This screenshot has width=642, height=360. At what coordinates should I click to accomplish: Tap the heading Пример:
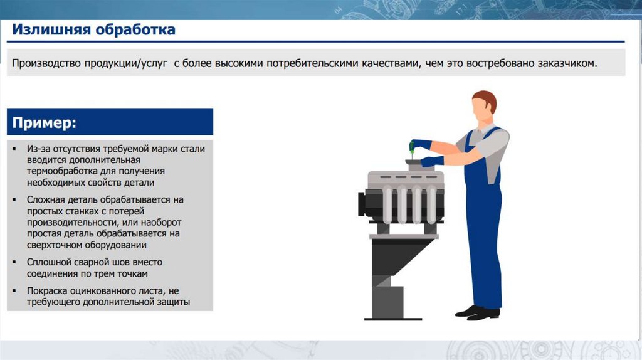[45, 122]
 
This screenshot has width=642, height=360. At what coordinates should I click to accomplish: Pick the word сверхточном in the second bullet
[55, 245]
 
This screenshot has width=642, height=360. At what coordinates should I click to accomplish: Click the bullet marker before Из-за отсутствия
[14, 149]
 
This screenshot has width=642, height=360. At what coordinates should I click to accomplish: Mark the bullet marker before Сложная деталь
[14, 199]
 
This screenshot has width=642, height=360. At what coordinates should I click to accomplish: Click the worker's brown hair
[486, 100]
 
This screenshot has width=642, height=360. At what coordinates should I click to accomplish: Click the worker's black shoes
[477, 312]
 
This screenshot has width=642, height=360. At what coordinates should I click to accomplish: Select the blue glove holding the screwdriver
[422, 144]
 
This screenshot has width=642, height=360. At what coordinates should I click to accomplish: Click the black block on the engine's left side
[362, 204]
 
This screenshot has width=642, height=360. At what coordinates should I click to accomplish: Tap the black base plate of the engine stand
[393, 319]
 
